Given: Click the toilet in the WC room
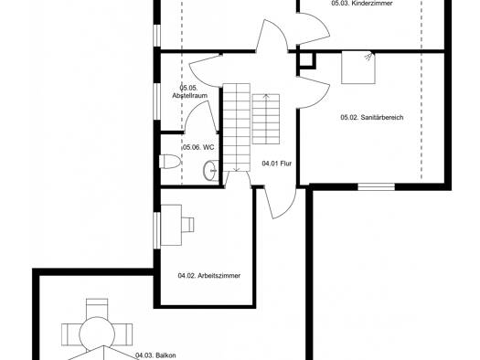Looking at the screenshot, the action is (x=170, y=161).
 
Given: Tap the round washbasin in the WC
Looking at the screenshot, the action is (x=210, y=170).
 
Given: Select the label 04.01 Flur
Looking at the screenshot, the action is (x=277, y=164).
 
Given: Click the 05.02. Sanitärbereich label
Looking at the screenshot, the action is (x=372, y=117).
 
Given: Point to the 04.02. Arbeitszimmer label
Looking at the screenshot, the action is (x=209, y=276).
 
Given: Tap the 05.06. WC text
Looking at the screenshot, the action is (x=198, y=147).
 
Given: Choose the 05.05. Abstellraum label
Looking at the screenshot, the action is (x=190, y=91).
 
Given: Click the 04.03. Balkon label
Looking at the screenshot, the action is (x=155, y=355).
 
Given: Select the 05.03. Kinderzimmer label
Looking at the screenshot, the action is (x=362, y=4).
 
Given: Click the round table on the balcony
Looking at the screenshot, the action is (x=97, y=334).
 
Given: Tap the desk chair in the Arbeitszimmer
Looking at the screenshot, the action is (x=187, y=225).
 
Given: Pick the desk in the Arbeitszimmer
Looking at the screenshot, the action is (x=171, y=225).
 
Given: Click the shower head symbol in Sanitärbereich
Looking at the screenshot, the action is (x=369, y=57).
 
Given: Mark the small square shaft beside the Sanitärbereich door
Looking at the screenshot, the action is (x=306, y=60).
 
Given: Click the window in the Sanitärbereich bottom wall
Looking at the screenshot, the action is (x=376, y=186).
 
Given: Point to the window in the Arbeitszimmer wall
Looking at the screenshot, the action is (x=156, y=230).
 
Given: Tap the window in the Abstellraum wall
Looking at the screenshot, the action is (x=156, y=101).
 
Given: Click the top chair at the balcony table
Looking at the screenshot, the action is (x=97, y=308).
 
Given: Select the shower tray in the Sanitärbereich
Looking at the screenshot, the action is (x=358, y=68).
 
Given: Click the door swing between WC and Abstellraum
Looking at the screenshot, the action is (x=200, y=115).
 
